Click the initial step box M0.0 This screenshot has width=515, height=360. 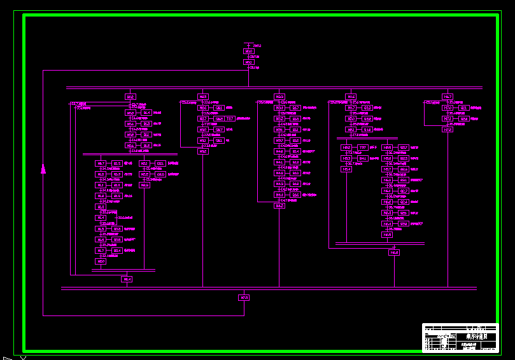click(248, 52)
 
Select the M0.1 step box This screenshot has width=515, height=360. click(248, 62)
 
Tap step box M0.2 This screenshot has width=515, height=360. click(130, 97)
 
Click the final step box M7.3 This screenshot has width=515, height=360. click(244, 298)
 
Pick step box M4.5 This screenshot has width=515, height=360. click(279, 206)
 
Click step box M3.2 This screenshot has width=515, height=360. click(202, 151)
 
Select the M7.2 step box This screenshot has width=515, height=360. click(448, 129)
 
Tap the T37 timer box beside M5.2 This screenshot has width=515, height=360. click(363, 147)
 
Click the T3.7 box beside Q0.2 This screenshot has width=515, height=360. click(230, 118)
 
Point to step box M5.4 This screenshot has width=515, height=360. click(346, 169)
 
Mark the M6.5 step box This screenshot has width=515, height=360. click(388, 235)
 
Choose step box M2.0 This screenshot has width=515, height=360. click(101, 261)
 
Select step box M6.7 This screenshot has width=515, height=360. click(448, 97)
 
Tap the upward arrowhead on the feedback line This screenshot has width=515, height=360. click(43, 169)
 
